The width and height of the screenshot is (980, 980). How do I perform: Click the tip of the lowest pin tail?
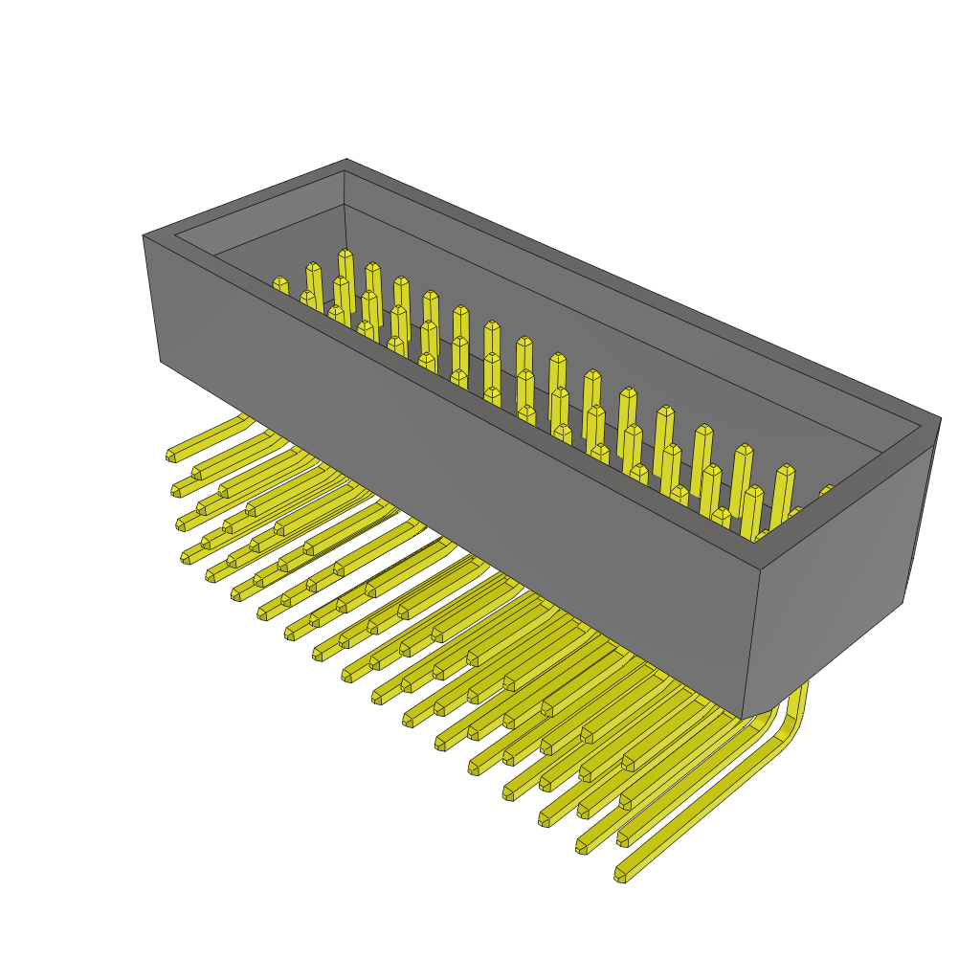[x=620, y=875]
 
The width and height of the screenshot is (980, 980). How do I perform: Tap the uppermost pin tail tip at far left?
[x=171, y=456]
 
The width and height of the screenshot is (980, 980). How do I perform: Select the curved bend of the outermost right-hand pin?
[x=793, y=720]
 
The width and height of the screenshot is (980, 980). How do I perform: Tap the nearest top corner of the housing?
[x=761, y=570]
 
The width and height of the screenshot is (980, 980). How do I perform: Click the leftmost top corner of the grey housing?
[x=145, y=235]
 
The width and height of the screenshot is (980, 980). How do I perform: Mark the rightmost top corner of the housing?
[x=940, y=418]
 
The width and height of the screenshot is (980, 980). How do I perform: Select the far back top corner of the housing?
[x=346, y=160]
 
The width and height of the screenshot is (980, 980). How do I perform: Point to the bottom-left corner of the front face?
[x=161, y=360]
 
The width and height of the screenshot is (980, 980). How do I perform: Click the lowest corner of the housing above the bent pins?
[x=744, y=718]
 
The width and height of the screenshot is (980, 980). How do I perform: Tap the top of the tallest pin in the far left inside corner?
[x=345, y=255]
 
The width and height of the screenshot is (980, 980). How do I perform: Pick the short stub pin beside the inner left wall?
[x=279, y=283]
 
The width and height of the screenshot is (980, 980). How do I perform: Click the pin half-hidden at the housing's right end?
[x=825, y=492]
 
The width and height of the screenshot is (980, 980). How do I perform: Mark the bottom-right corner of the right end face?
[x=902, y=601]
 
